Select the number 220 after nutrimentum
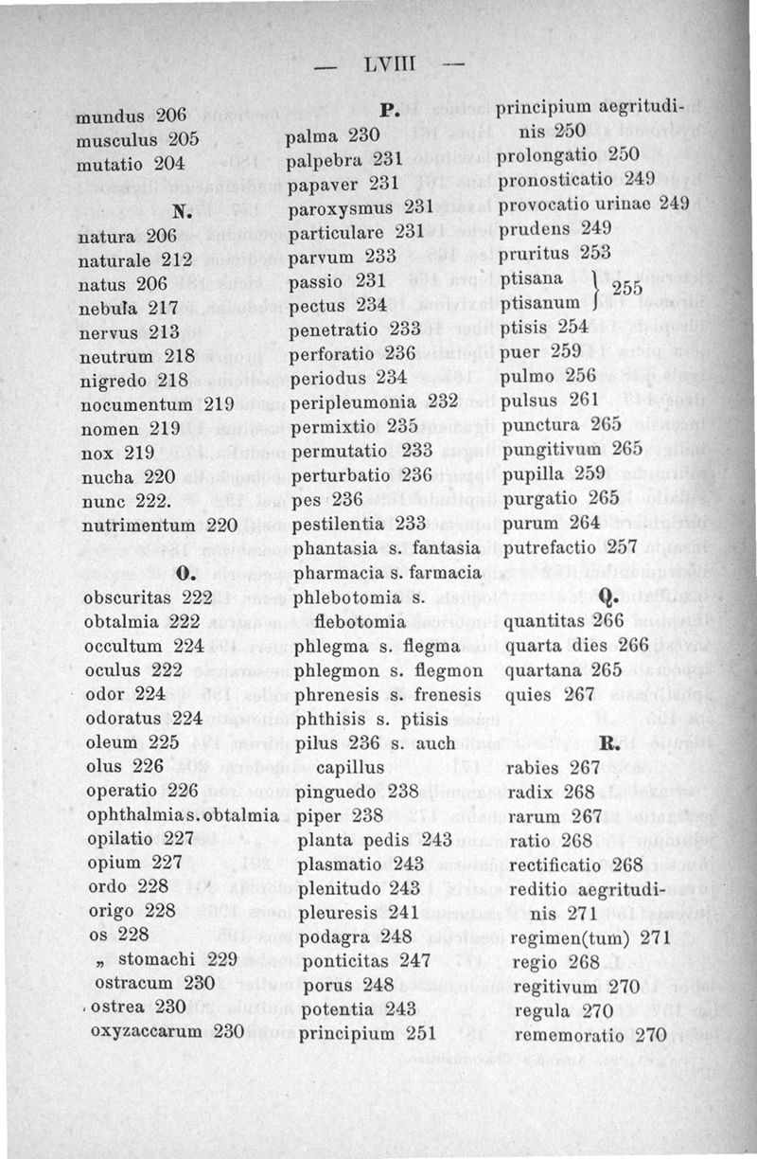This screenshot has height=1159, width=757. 220,525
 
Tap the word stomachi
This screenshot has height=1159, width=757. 157,958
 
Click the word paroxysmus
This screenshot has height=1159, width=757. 340,205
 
